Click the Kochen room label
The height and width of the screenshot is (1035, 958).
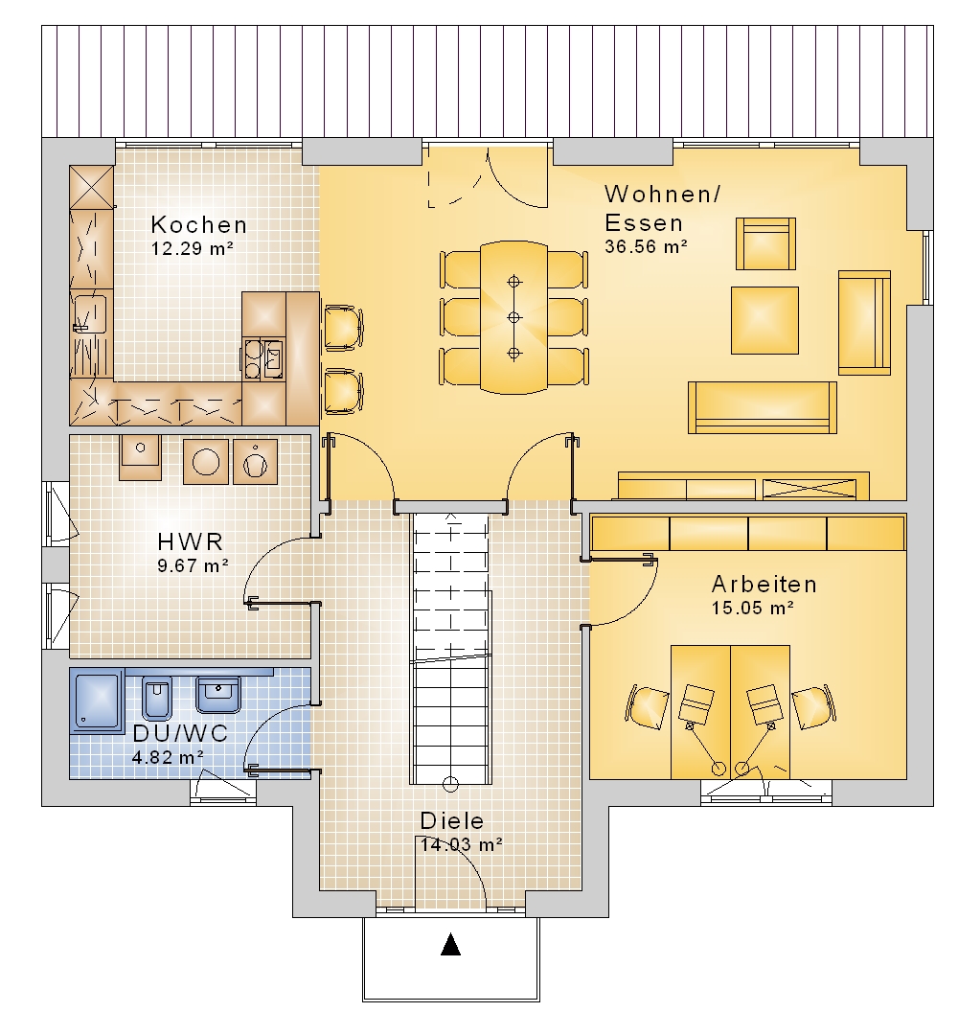pyautogui.click(x=198, y=225)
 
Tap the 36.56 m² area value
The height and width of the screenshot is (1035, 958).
pyautogui.click(x=646, y=247)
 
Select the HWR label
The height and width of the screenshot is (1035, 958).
pyautogui.click(x=191, y=541)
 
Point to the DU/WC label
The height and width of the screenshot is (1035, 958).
pyautogui.click(x=180, y=733)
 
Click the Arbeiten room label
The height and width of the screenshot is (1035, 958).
pyautogui.click(x=764, y=585)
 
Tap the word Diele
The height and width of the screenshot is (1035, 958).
pyautogui.click(x=452, y=821)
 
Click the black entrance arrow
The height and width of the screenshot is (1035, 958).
pyautogui.click(x=450, y=945)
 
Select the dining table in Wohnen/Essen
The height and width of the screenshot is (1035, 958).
pyautogui.click(x=514, y=317)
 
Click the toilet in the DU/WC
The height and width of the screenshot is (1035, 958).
pyautogui.click(x=157, y=698)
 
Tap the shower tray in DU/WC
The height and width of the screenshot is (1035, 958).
pyautogui.click(x=97, y=701)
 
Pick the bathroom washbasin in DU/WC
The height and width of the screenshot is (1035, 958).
pyautogui.click(x=218, y=695)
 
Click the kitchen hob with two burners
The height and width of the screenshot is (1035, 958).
pyautogui.click(x=252, y=359)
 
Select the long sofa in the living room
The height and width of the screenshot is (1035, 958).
pyautogui.click(x=762, y=407)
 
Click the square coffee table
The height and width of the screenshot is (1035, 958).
pyautogui.click(x=764, y=320)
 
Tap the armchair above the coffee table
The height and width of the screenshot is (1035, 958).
pyautogui.click(x=765, y=243)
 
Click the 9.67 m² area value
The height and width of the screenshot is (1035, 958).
pyautogui.click(x=193, y=565)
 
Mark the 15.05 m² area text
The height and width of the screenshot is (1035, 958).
pyautogui.click(x=752, y=608)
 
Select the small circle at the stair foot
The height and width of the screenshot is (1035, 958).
pyautogui.click(x=450, y=784)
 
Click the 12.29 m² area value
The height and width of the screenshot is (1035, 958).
pyautogui.click(x=192, y=249)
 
